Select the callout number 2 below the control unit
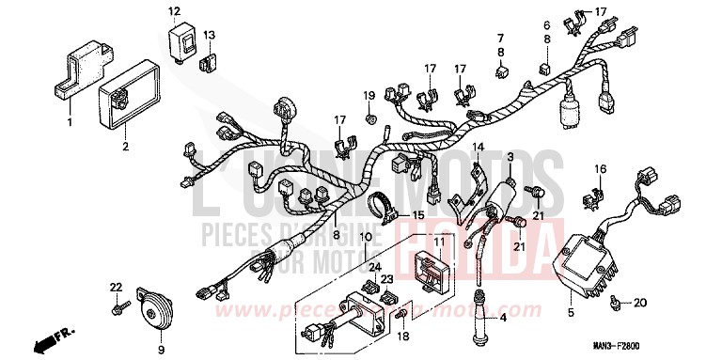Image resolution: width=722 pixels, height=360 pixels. [x=125, y=147]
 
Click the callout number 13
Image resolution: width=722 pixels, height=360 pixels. [x=210, y=36]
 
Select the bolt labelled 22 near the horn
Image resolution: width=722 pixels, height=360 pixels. [x=115, y=287]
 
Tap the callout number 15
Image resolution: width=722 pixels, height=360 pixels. [x=417, y=216]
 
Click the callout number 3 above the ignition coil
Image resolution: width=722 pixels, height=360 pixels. [x=510, y=156]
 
